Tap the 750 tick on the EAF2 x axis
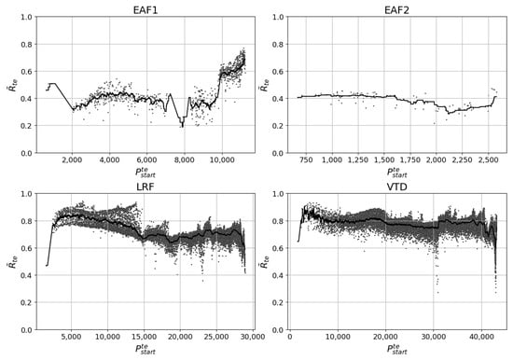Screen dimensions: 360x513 click(x=309, y=161)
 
